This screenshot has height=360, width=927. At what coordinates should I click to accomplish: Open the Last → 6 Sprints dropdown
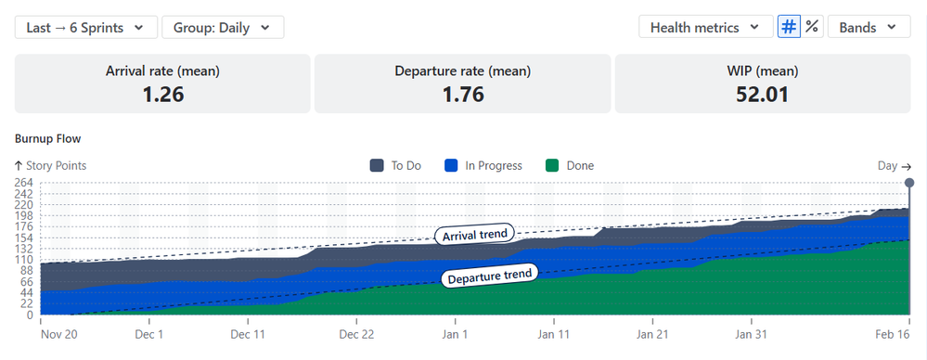(x=85, y=27)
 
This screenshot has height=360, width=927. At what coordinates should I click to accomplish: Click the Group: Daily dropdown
(x=223, y=27)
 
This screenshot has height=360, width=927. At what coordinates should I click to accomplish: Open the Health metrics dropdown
(x=705, y=27)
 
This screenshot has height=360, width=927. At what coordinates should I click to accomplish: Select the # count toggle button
(x=788, y=27)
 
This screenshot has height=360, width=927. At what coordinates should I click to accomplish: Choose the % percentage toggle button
(x=812, y=27)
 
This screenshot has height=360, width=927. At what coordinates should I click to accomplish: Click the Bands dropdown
(x=868, y=27)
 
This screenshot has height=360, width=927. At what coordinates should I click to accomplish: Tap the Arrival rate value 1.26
(x=162, y=94)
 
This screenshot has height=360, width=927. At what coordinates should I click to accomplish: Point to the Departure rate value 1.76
(x=463, y=94)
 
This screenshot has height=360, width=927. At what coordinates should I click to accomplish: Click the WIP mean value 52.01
(x=763, y=94)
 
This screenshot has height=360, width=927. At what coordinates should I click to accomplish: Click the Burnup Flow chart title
(x=47, y=138)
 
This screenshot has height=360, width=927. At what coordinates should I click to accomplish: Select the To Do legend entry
(x=396, y=166)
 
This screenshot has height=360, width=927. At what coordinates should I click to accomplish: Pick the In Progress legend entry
(x=483, y=166)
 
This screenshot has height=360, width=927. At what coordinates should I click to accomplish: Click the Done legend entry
(x=569, y=166)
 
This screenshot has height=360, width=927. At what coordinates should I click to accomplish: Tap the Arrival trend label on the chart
(x=474, y=235)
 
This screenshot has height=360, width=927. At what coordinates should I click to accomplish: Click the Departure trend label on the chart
(x=489, y=276)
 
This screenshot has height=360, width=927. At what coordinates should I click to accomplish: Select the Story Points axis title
(x=50, y=166)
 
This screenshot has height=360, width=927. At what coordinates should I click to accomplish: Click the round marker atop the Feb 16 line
(x=908, y=183)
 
